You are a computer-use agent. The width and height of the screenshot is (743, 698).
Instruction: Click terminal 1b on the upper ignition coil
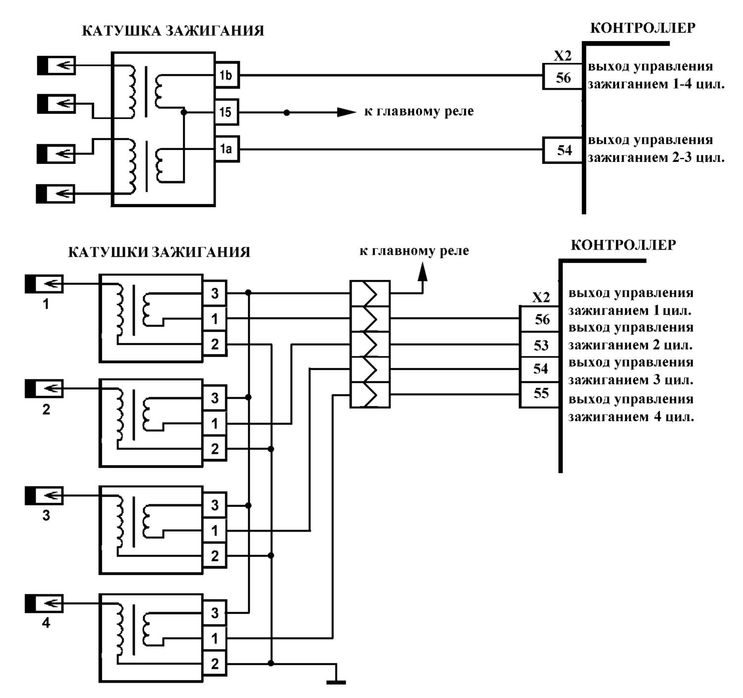[x=227, y=75]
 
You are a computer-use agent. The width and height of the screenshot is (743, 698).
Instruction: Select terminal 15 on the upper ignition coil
[x=226, y=112]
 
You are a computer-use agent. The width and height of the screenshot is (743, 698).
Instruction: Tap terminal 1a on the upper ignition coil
[x=227, y=149]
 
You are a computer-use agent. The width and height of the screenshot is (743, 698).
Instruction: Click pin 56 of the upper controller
[x=563, y=77]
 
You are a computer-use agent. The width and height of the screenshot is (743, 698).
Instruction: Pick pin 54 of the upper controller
[x=563, y=150]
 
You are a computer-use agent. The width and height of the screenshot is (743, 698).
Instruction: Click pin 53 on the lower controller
[x=539, y=345]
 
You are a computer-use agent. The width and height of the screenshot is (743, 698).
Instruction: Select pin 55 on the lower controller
[x=539, y=394]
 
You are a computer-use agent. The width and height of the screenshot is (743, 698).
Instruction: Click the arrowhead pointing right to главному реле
[x=346, y=112]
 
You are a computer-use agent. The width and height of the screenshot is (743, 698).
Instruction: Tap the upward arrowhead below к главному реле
[x=423, y=271]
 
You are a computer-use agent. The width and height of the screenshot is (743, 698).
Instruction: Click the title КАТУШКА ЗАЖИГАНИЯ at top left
[x=173, y=31]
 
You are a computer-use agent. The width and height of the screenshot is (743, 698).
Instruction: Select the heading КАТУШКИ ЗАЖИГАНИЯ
[x=159, y=252]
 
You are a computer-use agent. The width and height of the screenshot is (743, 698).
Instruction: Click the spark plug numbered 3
[x=44, y=495]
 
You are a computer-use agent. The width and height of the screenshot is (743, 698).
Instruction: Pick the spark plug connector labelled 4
[x=44, y=603]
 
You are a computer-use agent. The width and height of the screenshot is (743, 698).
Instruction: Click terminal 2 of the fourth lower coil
[x=215, y=663]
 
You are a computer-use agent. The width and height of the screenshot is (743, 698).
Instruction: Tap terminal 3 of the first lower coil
[x=215, y=293]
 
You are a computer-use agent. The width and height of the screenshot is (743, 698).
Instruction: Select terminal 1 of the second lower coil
[x=215, y=424]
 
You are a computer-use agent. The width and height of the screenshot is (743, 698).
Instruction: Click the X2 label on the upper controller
[x=563, y=56]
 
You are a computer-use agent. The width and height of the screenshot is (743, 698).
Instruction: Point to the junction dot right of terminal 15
[x=287, y=112]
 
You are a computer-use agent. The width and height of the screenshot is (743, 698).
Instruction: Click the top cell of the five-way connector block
[x=370, y=294]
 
